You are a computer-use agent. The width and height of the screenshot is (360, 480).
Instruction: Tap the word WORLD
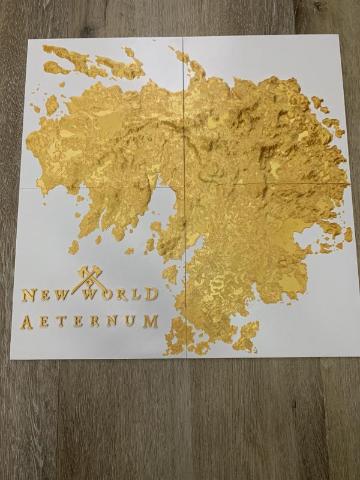121,295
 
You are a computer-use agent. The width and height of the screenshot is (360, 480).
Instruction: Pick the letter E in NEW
44,295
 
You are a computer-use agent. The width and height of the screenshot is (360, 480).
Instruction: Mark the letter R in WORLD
122,295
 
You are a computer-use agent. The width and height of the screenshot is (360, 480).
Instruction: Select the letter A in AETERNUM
27,321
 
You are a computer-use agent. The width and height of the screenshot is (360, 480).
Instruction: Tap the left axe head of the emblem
80,272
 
